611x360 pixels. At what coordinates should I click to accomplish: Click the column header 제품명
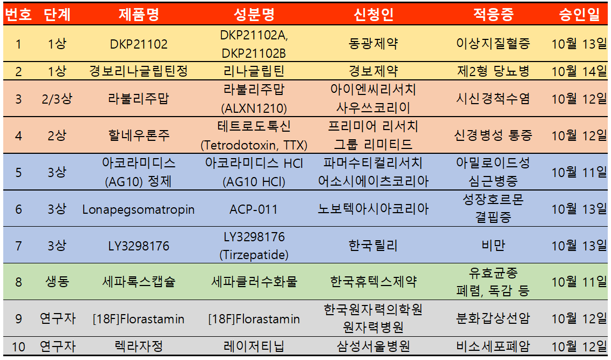click(139, 15)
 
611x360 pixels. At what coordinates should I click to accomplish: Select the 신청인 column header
click(374, 15)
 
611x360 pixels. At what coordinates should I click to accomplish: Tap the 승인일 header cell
click(579, 15)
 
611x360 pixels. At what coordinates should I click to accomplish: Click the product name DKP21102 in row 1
click(139, 44)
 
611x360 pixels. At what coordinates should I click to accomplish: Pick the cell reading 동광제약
click(374, 44)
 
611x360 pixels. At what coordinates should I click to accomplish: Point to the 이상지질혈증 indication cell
click(493, 44)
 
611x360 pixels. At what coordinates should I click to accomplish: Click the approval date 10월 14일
click(579, 71)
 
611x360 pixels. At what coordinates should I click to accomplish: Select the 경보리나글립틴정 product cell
click(139, 71)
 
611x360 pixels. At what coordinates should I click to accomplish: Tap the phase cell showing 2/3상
click(57, 99)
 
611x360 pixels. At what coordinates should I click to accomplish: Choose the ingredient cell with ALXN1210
click(254, 99)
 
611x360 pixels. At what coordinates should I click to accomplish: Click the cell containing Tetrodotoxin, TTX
click(254, 135)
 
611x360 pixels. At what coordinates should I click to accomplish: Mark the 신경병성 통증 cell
click(493, 135)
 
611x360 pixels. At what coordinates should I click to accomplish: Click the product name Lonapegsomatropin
click(139, 209)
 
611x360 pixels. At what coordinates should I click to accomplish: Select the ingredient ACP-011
click(254, 209)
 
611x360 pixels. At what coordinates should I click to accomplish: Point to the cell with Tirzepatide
click(254, 246)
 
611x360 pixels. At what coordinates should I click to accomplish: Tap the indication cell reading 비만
click(493, 246)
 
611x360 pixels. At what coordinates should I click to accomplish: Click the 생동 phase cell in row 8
click(57, 282)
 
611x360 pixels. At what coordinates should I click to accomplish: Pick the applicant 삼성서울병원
click(374, 346)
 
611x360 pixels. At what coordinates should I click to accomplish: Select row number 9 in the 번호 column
click(18, 319)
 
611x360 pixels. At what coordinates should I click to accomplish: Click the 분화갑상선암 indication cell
click(493, 319)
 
